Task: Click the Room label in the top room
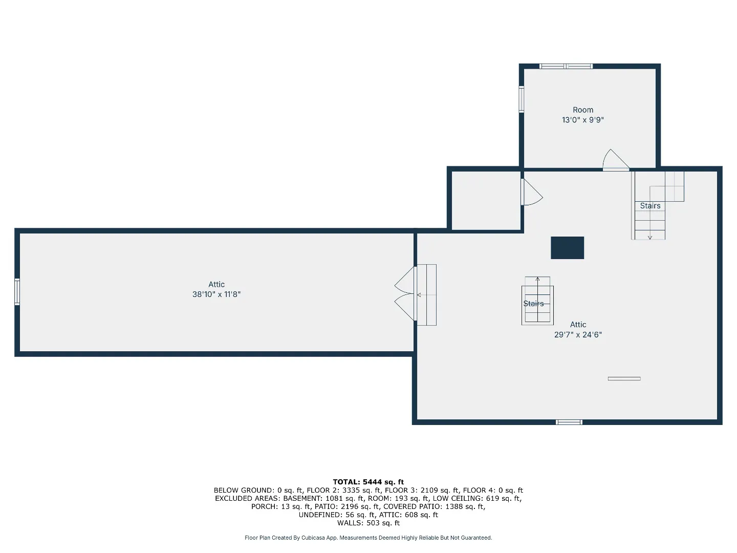[x=582, y=110]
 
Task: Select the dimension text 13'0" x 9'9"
[x=582, y=120]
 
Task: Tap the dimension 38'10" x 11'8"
[x=216, y=294]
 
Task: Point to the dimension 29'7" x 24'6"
[x=577, y=334]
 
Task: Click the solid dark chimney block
[x=567, y=248]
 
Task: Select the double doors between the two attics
[x=405, y=293]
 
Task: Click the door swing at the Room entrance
[x=615, y=160]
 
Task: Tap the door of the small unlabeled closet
[x=531, y=192]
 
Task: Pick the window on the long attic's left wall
[x=17, y=292]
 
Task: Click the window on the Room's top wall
[x=566, y=66]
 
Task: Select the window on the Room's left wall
[x=521, y=99]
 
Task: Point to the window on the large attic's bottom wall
[x=569, y=422]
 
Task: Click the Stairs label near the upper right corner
[x=649, y=206]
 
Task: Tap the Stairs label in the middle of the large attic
[x=533, y=304]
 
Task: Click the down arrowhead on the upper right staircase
[x=649, y=238]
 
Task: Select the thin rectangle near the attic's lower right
[x=624, y=379]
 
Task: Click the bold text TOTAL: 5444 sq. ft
[x=368, y=482]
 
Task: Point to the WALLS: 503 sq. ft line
[x=368, y=523]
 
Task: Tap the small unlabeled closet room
[x=486, y=201]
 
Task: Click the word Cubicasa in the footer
[x=313, y=538]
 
